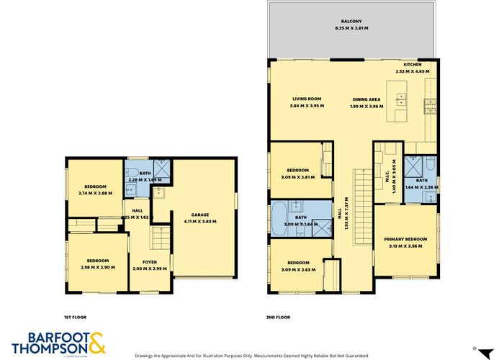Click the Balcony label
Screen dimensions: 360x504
(x=351, y=22)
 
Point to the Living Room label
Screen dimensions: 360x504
(x=306, y=99)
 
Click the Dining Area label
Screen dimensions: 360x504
(x=366, y=99)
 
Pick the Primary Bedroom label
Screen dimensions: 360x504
(x=405, y=239)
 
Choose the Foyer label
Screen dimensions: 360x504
(x=150, y=261)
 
